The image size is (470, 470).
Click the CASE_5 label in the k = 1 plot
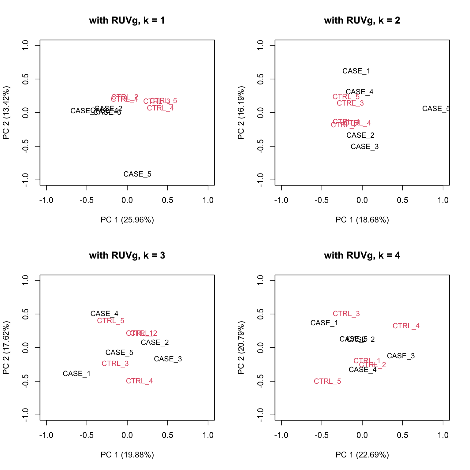[137, 174]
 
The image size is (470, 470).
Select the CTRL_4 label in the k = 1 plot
[160, 108]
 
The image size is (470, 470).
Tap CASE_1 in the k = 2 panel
[356, 71]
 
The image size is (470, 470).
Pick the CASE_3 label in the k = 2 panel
[364, 147]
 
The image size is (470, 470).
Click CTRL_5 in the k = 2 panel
[346, 97]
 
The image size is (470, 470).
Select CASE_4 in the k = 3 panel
[104, 314]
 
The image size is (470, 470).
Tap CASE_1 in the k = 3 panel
[76, 374]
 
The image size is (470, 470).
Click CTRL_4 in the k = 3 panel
[140, 381]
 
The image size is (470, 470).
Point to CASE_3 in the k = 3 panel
[168, 359]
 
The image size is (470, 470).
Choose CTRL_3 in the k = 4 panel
[346, 314]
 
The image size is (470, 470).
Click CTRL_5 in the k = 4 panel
[327, 381]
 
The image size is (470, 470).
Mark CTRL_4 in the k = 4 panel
[406, 326]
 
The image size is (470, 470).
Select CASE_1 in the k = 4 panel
[324, 323]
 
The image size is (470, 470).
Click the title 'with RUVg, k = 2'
[362, 21]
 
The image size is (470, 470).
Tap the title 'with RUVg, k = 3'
[127, 256]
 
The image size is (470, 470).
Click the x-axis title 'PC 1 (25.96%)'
[127, 220]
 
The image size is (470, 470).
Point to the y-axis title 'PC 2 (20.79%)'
[241, 348]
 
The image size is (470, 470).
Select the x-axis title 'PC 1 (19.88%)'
[127, 455]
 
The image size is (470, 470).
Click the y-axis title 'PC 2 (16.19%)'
[241, 113]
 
